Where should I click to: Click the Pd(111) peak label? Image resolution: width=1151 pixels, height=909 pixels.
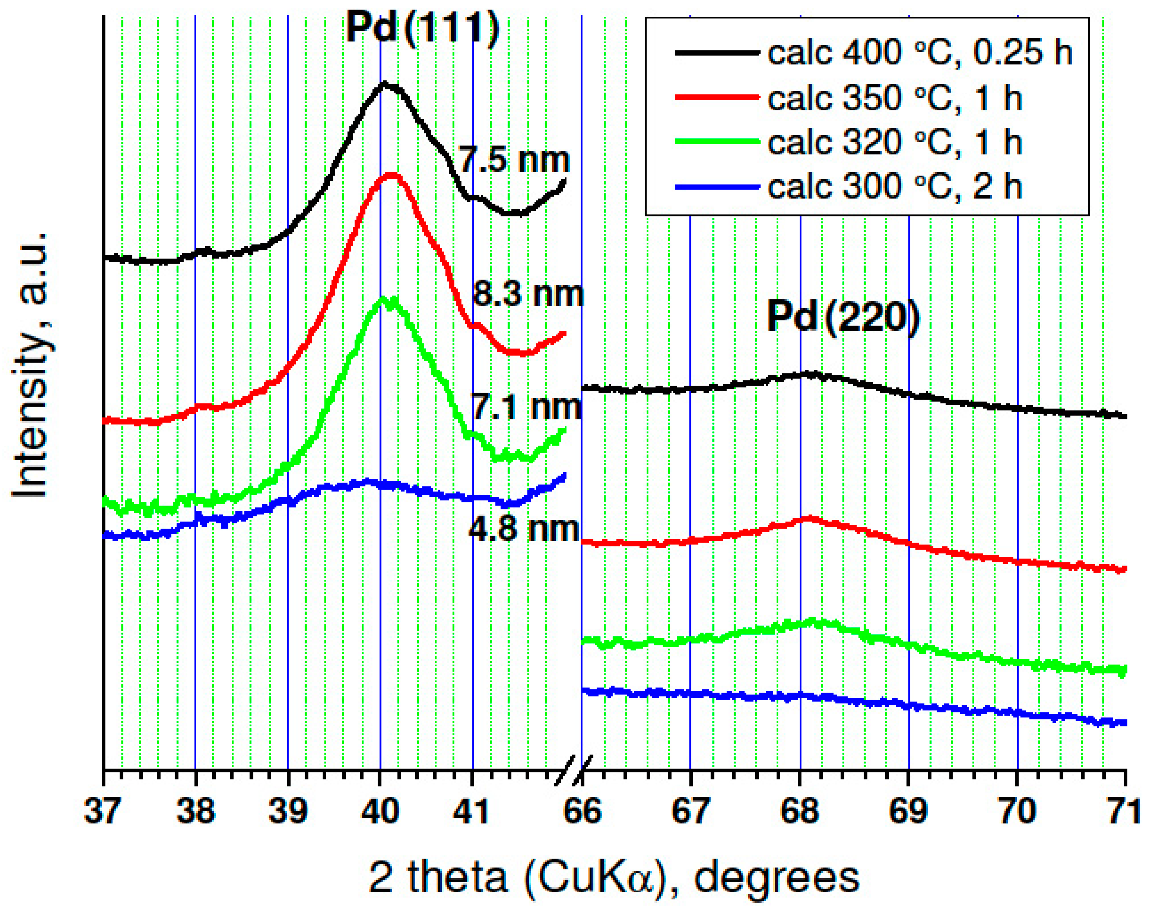point(423,27)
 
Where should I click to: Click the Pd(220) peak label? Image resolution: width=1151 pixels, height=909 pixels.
point(843,318)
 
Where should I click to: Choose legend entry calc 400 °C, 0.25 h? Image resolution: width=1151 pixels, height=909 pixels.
point(919,53)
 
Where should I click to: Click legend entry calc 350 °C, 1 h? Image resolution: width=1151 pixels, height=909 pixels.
point(894,98)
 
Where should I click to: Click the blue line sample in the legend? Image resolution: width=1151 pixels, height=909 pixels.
point(717,187)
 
